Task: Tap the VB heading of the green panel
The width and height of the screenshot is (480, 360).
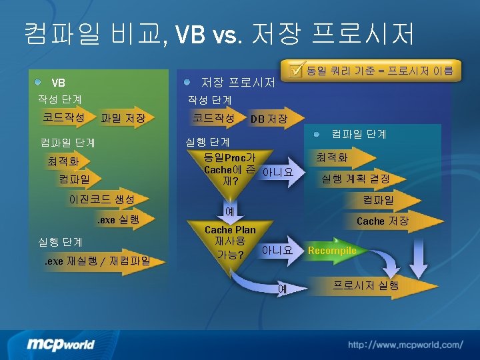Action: [59, 83]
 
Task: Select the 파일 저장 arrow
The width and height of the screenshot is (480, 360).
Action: [123, 119]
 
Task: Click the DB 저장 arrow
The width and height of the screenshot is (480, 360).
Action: [269, 119]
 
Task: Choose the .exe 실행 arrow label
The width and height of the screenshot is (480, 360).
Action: [119, 219]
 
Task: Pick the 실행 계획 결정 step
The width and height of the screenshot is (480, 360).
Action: [355, 179]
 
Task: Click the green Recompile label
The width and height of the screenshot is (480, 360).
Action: [332, 251]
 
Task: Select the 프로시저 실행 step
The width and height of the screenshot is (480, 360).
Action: [366, 285]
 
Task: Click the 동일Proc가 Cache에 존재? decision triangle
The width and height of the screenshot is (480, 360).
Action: [230, 169]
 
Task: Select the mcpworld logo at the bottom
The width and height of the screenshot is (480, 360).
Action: [61, 344]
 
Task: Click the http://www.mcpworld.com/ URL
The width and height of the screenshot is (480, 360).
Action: [405, 345]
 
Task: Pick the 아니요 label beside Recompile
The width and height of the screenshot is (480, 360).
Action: [277, 251]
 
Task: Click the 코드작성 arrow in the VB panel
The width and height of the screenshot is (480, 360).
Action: [63, 117]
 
